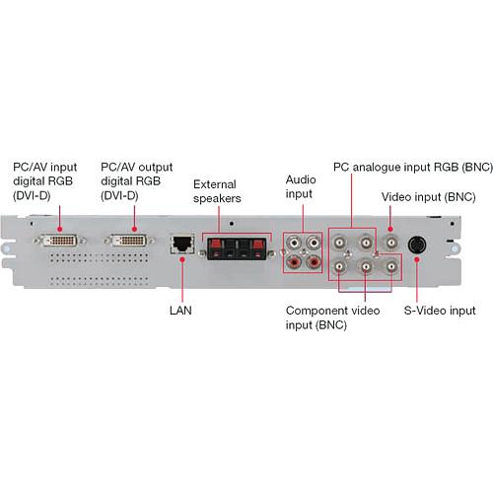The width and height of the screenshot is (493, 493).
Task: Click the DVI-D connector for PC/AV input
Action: point(60,240)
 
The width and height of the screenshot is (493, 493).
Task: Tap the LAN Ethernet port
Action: point(182,245)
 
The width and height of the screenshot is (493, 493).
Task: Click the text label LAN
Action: point(181,311)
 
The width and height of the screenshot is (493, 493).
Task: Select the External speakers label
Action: point(216,190)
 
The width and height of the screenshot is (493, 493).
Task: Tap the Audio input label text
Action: point(299,185)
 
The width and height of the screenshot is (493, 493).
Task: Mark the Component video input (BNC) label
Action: point(332,317)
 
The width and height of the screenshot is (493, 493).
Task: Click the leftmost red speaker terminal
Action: point(212,245)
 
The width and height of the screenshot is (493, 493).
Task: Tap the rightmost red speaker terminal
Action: point(258,245)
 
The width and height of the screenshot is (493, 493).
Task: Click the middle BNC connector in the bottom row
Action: point(365,265)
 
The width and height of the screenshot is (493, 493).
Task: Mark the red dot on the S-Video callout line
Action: point(417,259)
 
